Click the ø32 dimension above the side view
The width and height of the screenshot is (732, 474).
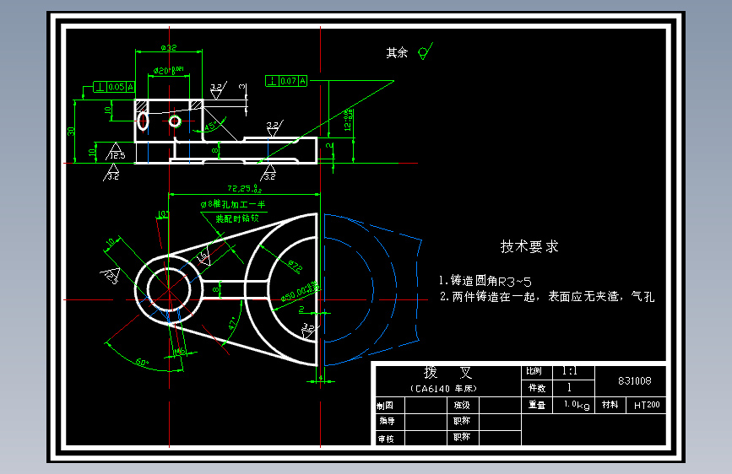click(169, 47)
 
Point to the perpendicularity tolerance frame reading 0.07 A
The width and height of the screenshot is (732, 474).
click(287, 81)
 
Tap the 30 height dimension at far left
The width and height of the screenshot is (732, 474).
click(72, 131)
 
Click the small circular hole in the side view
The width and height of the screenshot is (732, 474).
click(175, 121)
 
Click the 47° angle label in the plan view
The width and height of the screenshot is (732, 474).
click(233, 323)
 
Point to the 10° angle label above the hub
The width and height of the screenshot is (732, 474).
click(163, 214)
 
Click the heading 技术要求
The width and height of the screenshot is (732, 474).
click(529, 246)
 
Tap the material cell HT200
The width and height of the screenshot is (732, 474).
click(647, 406)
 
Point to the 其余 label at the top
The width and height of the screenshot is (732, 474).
click(397, 52)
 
